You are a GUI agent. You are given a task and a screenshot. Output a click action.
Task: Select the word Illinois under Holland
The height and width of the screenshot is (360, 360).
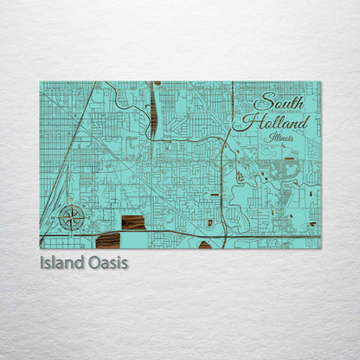point(280,137)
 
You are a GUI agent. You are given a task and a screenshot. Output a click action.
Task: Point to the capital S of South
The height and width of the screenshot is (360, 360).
point(263,100)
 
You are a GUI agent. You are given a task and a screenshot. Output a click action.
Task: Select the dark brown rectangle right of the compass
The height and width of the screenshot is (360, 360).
point(133,222)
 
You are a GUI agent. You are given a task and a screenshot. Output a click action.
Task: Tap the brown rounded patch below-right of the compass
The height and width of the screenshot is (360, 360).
point(110,240)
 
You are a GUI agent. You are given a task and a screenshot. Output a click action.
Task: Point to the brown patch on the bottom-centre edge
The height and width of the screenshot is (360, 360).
point(205,245)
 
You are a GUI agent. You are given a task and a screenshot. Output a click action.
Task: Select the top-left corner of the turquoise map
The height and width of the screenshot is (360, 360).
point(40,81)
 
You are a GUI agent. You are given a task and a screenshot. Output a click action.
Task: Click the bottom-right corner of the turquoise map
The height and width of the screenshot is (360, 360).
point(320,248)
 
